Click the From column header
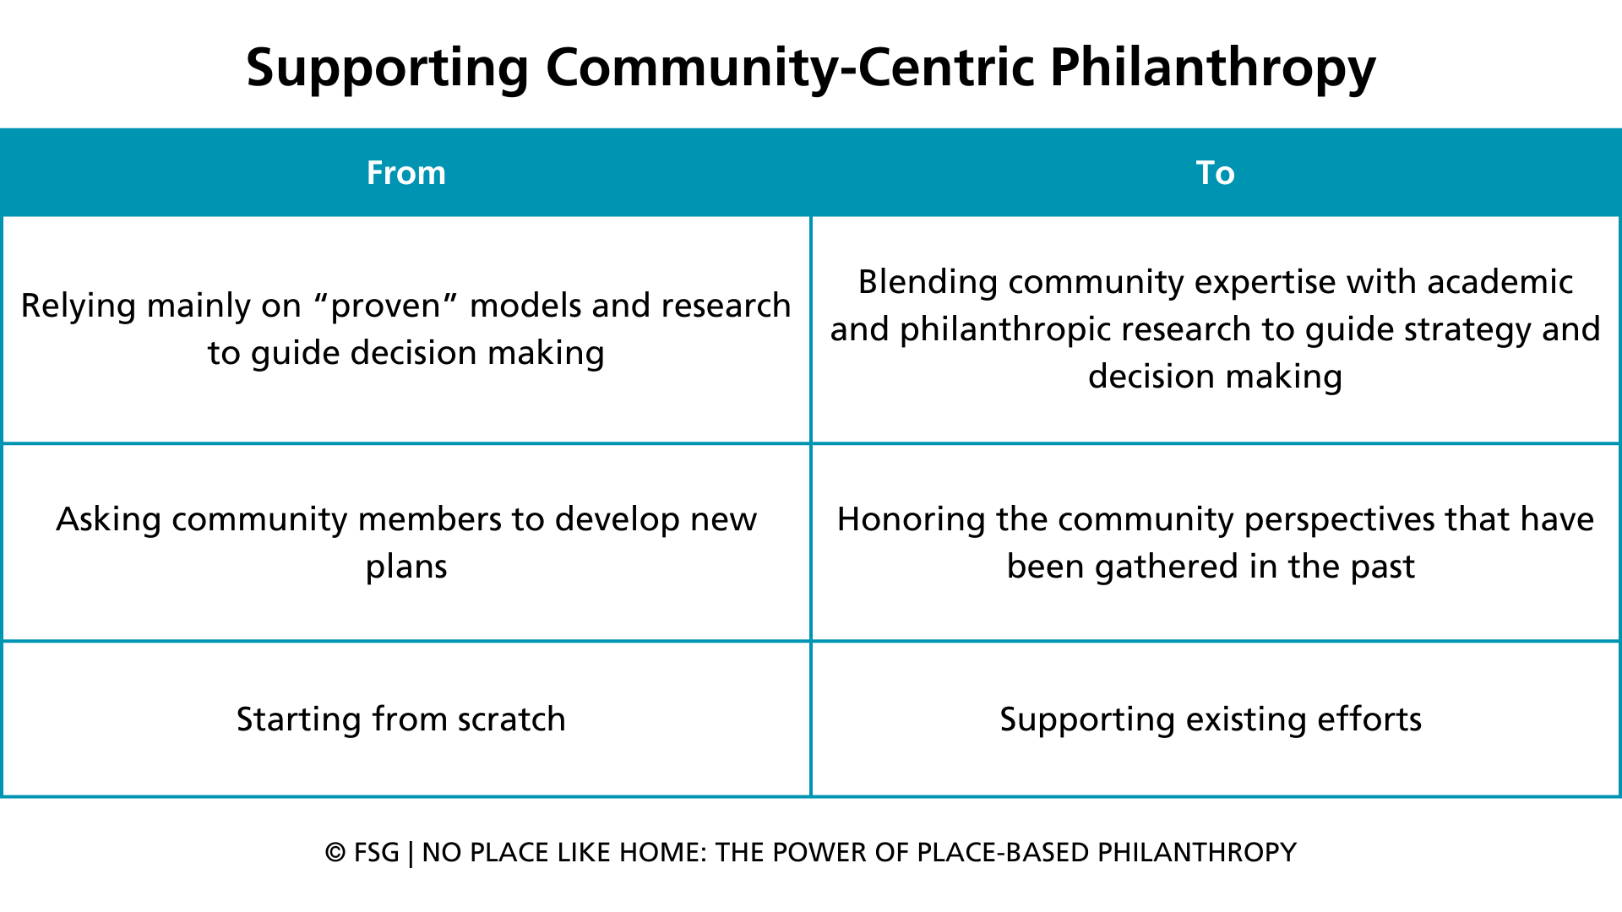(405, 173)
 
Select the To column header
(1215, 173)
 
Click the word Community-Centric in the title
(790, 68)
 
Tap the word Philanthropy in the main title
(1213, 68)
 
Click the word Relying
(76, 306)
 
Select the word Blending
(928, 282)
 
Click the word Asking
(108, 519)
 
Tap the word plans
(406, 567)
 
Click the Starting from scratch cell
(401, 719)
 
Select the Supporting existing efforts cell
(1211, 719)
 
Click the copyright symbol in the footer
(335, 853)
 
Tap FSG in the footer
(377, 853)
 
